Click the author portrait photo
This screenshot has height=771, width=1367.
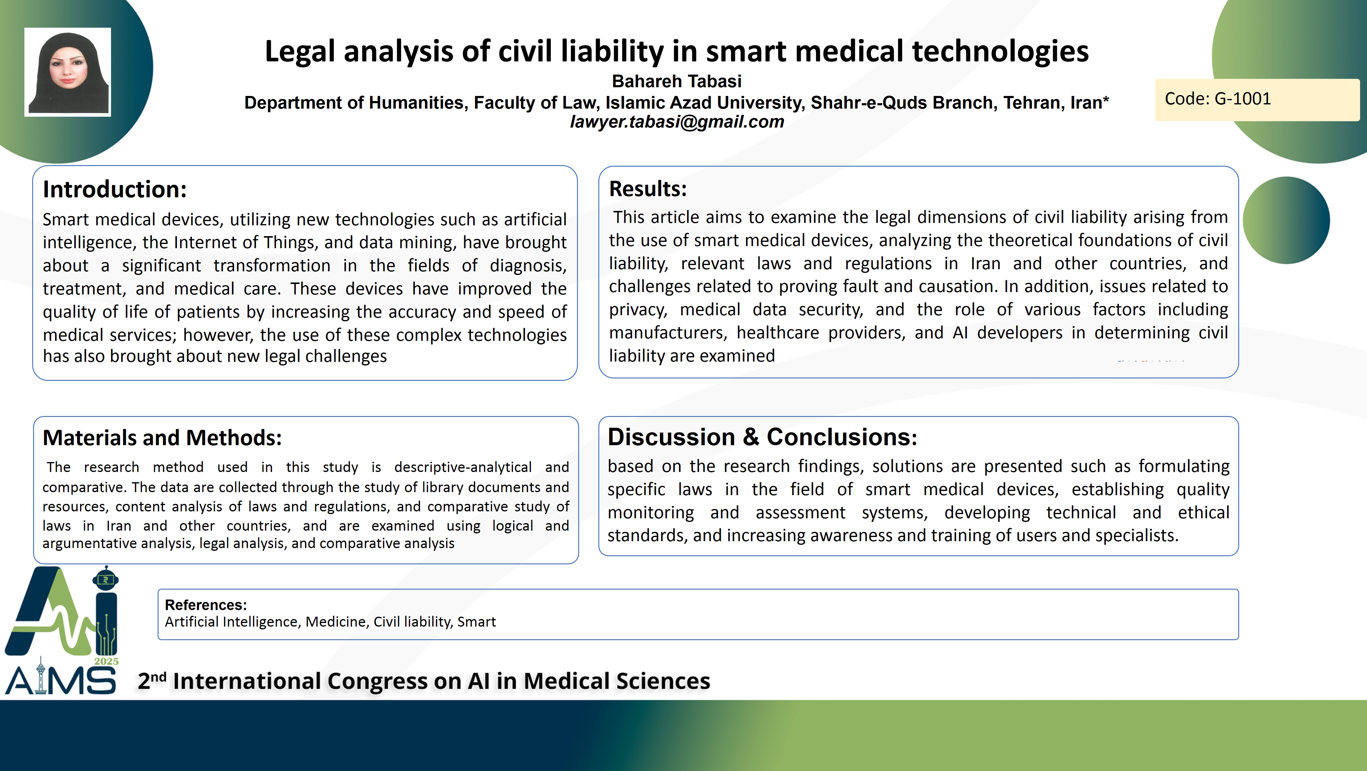point(67,72)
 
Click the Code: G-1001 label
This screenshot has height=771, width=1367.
point(1217,99)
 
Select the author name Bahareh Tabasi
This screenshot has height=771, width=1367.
point(677,81)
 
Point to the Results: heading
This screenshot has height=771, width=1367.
point(647,189)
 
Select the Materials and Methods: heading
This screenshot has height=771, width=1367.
point(162,438)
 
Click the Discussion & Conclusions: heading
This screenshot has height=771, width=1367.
point(762,437)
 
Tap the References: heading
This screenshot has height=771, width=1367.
point(206,605)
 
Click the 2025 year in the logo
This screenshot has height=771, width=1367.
point(106,661)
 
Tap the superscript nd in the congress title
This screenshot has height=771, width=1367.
point(159,677)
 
